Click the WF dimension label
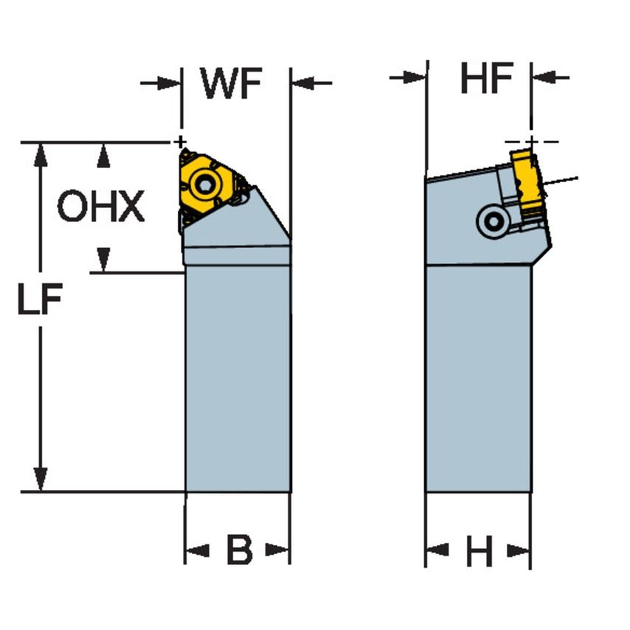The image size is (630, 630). pyautogui.click(x=232, y=85)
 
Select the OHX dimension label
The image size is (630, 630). pyautogui.click(x=101, y=207)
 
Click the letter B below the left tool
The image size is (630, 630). pyautogui.click(x=238, y=550)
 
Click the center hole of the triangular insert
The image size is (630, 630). pyautogui.click(x=207, y=184)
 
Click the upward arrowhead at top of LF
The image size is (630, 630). pyautogui.click(x=41, y=151)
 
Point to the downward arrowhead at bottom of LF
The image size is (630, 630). pyautogui.click(x=41, y=480)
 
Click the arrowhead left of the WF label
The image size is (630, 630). pyautogui.click(x=172, y=83)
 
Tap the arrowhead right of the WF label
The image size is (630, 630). pyautogui.click(x=301, y=83)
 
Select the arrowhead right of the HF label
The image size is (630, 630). pyautogui.click(x=540, y=77)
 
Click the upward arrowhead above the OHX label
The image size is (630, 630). pyautogui.click(x=104, y=151)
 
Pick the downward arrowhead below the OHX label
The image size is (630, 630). pyautogui.click(x=104, y=262)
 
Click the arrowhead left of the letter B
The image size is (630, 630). pyautogui.click(x=193, y=550)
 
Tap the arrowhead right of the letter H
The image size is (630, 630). pyautogui.click(x=521, y=550)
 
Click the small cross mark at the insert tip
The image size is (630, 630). pyautogui.click(x=179, y=141)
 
